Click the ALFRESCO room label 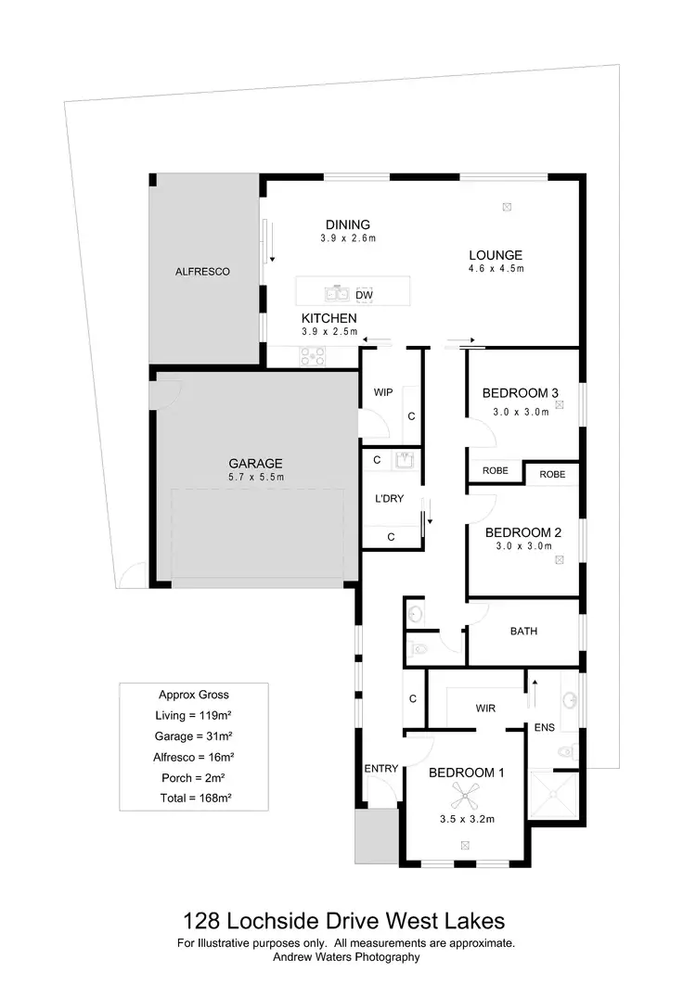[202, 272]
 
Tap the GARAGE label [255, 464]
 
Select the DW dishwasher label [364, 295]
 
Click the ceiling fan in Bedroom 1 [464, 793]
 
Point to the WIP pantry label [383, 392]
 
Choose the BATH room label [523, 632]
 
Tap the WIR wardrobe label [485, 709]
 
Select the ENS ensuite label [544, 727]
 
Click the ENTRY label [381, 768]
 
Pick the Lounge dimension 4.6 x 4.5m [496, 269]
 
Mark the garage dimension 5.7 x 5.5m [255, 478]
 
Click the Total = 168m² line [193, 798]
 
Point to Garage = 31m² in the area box [193, 735]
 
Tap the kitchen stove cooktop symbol [310, 354]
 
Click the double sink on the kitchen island [335, 294]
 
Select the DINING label [348, 224]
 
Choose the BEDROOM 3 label [521, 393]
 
